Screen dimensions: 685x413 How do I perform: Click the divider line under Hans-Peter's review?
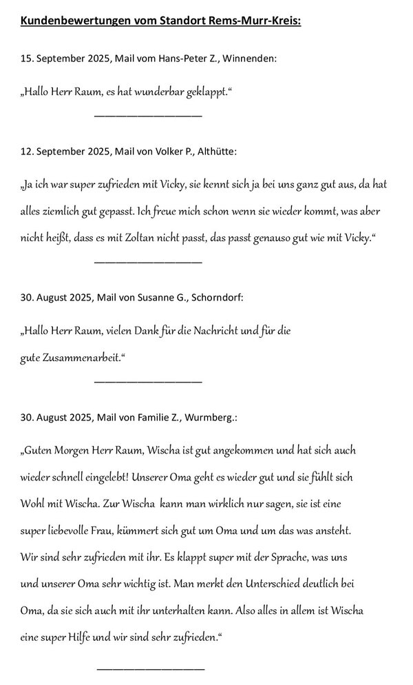point(147,115)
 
